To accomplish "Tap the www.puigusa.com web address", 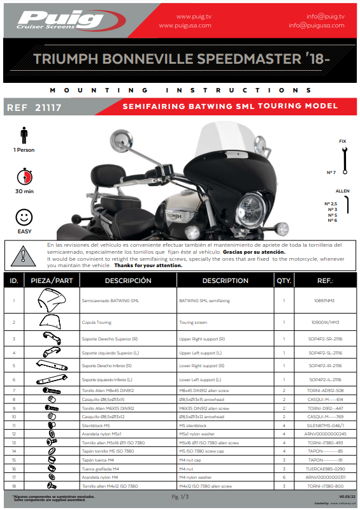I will (x=184, y=25).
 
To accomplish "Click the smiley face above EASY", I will (x=24, y=215).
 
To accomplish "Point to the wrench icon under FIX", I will (x=345, y=161).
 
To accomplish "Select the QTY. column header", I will (x=284, y=280).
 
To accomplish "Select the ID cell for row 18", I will (x=13, y=486).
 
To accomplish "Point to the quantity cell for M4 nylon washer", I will (x=284, y=477).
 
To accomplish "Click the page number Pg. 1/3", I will (x=180, y=496).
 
